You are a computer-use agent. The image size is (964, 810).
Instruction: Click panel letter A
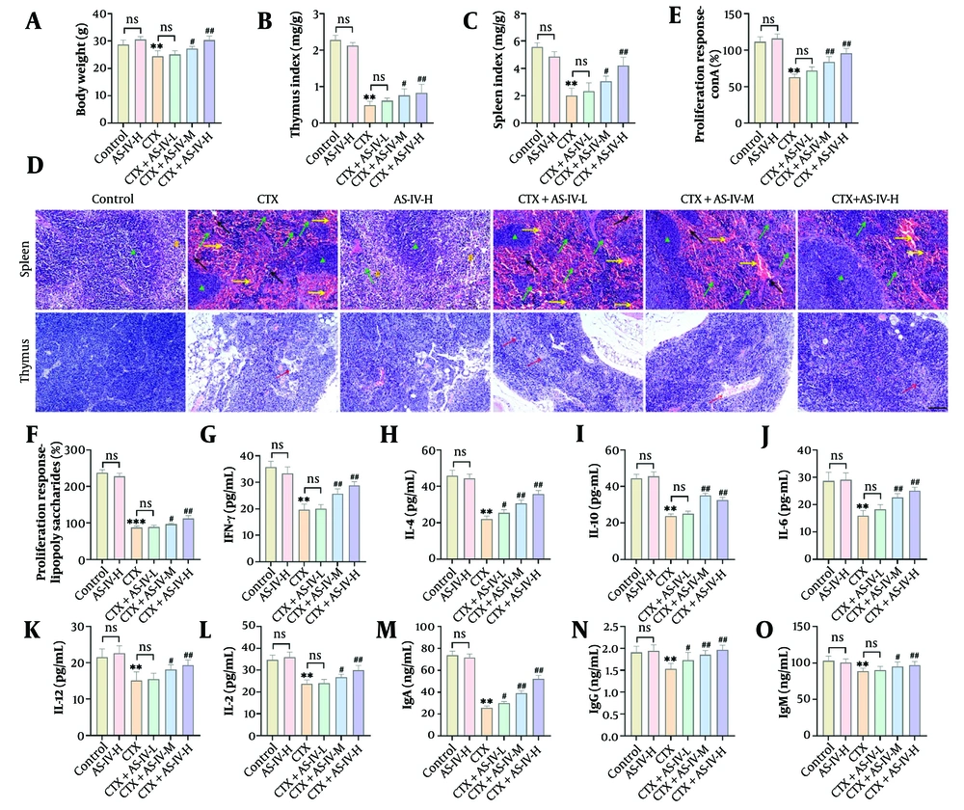point(39,19)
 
